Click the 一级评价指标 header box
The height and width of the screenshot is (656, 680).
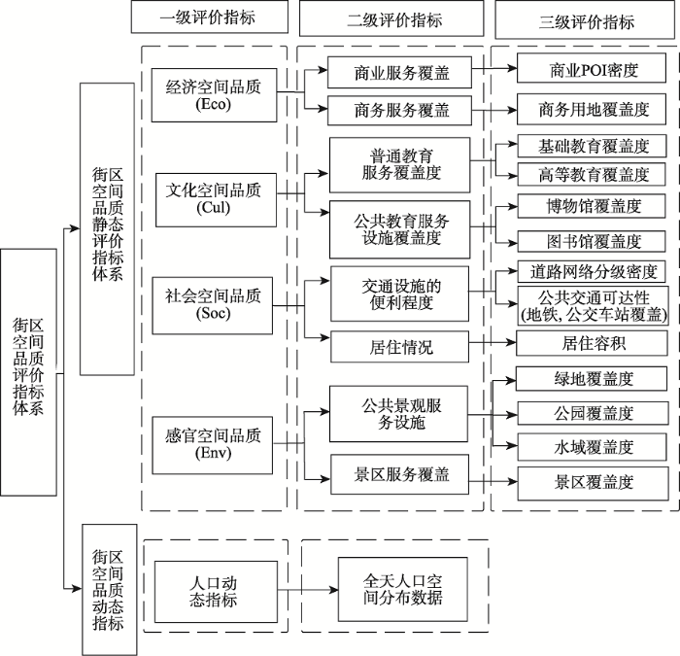click(210, 17)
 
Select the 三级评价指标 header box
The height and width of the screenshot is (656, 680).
click(585, 20)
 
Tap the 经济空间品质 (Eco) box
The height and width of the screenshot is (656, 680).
click(214, 95)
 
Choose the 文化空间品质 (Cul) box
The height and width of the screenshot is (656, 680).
click(216, 200)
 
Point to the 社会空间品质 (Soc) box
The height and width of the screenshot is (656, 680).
click(212, 305)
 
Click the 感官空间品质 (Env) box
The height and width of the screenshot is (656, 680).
click(212, 445)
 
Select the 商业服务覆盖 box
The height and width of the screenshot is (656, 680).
click(399, 72)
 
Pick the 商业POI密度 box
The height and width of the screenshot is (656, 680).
click(591, 68)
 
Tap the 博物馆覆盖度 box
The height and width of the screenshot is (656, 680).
click(591, 206)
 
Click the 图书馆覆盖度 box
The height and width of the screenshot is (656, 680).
click(591, 241)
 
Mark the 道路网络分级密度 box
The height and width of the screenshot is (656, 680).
click(591, 271)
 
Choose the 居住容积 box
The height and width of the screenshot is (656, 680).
click(592, 343)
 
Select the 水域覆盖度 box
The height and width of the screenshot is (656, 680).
click(592, 447)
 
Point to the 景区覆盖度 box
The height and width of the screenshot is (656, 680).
click(593, 483)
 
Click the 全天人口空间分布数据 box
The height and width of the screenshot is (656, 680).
click(403, 590)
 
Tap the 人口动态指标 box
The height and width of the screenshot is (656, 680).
click(216, 592)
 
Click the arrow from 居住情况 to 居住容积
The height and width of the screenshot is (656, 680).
click(493, 343)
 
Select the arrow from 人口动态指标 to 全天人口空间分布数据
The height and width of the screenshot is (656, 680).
click(308, 590)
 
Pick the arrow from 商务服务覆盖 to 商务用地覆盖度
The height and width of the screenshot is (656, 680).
click(494, 110)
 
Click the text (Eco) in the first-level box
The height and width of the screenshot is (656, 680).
click(213, 104)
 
